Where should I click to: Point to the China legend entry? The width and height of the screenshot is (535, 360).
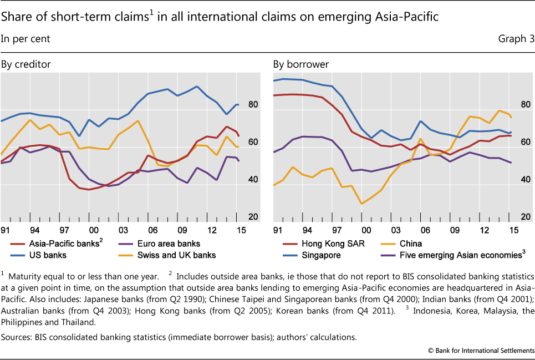410,244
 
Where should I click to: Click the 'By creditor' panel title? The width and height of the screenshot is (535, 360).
26,64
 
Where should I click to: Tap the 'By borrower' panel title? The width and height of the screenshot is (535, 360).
300,64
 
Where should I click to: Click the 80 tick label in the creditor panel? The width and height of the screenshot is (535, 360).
253,104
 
